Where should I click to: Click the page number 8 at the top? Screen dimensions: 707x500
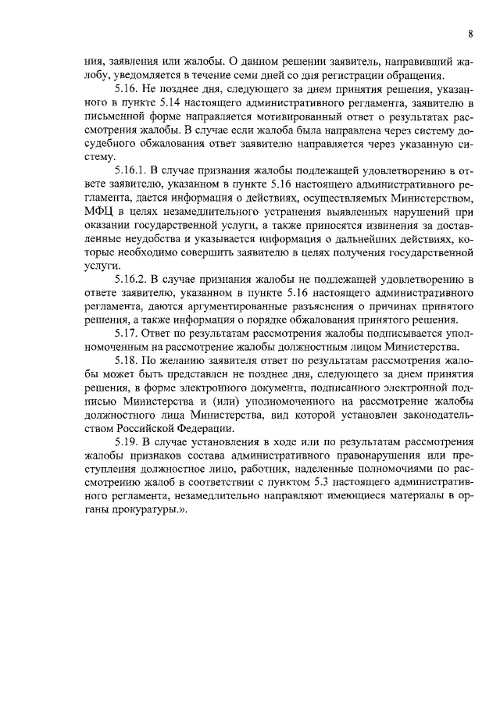[471, 34]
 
